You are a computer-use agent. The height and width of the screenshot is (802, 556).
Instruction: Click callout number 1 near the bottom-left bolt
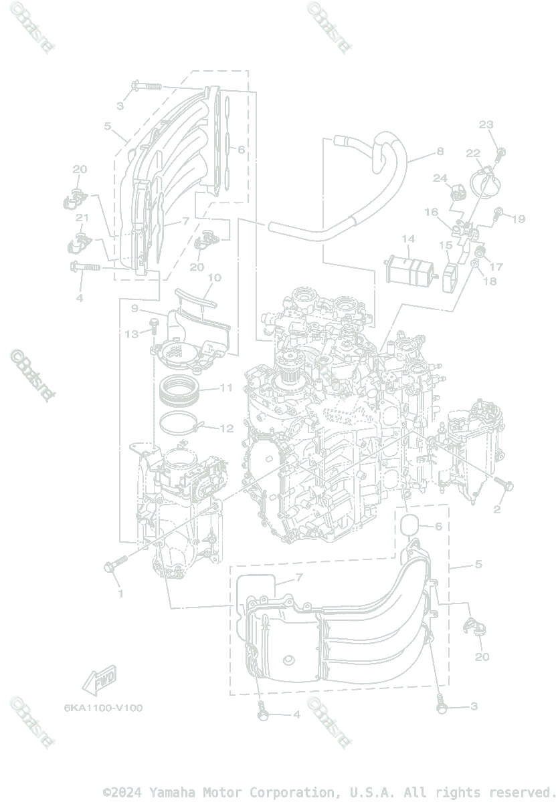120,593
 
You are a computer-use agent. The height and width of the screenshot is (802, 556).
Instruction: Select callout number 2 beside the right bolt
496,510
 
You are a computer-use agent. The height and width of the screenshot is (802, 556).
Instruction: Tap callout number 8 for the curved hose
440,152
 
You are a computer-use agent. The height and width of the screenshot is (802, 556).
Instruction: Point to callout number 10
214,277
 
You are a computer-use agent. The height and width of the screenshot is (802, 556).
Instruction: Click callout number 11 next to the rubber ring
225,387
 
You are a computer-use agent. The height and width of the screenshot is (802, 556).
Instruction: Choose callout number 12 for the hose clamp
227,428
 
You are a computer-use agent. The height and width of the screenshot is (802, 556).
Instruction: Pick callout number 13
132,333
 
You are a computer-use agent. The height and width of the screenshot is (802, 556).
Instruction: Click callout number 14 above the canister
408,239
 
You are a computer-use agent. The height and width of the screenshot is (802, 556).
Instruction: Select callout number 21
82,218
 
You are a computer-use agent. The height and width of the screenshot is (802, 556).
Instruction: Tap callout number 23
486,124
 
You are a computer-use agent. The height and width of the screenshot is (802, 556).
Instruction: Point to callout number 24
439,178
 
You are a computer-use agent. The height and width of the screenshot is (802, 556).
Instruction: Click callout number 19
519,219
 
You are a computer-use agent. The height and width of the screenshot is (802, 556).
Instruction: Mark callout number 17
496,267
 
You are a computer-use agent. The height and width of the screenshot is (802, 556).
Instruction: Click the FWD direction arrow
98,680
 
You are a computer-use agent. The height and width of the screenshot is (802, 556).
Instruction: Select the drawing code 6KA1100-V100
103,708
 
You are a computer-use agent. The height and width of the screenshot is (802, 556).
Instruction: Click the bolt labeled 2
503,483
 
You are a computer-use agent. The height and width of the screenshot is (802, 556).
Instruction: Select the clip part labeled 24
458,192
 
